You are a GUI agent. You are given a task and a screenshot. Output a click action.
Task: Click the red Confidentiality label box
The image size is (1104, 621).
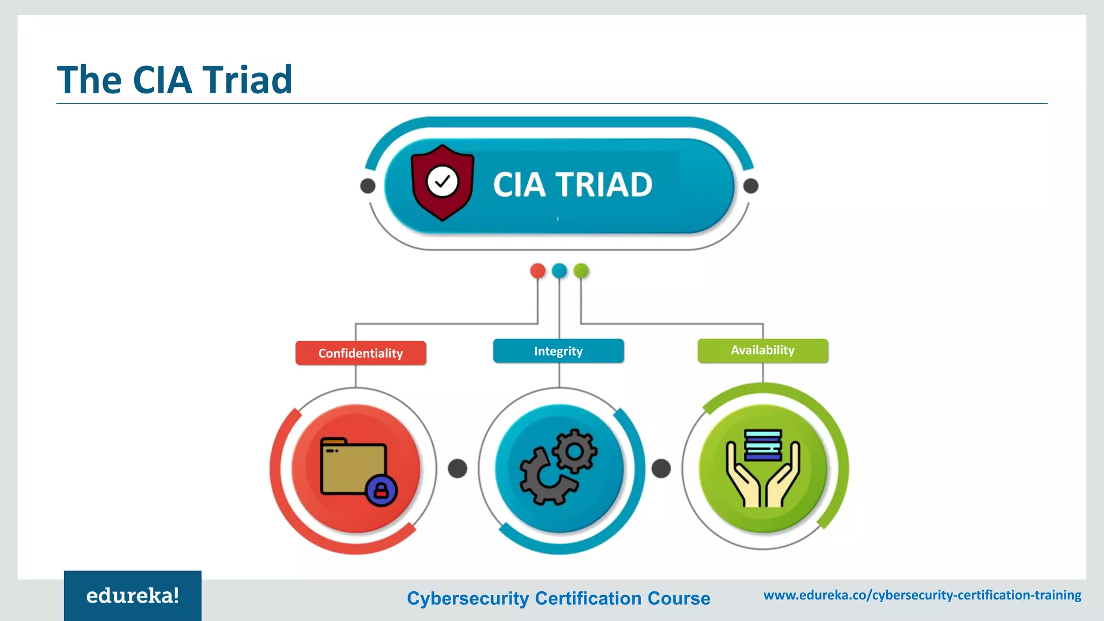pos(361,353)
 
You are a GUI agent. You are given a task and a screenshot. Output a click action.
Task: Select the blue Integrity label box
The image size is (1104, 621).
pos(558,351)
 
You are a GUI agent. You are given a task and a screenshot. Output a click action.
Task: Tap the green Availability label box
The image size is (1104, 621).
pos(763,350)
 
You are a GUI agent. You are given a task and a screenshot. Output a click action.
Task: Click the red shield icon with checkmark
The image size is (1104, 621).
pos(443,182)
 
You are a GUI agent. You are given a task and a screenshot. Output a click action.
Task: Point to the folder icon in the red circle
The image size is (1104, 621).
pos(353,467)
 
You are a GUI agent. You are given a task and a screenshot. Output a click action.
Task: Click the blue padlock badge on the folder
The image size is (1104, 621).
pos(381,491)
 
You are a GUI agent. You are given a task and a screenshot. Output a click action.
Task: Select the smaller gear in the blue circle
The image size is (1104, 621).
pos(575,451)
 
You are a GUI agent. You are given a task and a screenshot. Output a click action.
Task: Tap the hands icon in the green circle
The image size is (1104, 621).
pos(763,474)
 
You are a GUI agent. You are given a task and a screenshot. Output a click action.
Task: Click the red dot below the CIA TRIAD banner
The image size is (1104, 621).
pos(537,271)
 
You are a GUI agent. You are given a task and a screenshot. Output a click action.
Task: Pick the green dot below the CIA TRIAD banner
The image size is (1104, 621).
pos(581,271)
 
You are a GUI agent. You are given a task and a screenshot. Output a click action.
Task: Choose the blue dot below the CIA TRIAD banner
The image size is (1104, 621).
pos(560,271)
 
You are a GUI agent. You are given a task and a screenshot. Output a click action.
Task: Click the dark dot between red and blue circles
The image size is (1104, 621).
pos(458,468)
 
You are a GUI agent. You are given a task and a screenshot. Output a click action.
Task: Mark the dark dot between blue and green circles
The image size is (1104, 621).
pos(661,468)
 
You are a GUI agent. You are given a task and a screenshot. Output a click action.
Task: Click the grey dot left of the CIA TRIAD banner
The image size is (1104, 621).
pos(368,186)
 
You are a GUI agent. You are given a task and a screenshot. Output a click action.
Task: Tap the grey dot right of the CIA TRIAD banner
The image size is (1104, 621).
pos(751,186)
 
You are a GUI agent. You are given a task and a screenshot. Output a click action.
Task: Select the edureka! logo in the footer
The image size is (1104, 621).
pos(133,596)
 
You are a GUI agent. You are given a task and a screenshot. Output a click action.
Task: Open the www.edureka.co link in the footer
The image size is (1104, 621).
pos(922,595)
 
